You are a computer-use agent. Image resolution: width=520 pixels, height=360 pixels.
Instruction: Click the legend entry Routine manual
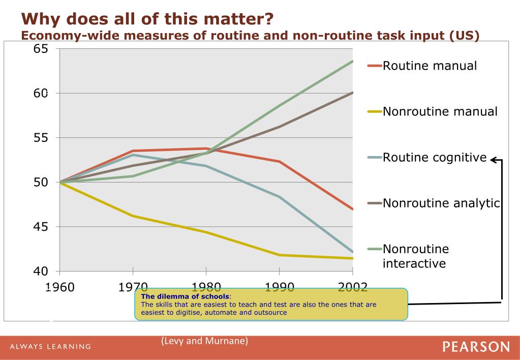[430, 66]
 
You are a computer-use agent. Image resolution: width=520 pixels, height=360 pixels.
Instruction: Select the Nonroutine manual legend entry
[440, 111]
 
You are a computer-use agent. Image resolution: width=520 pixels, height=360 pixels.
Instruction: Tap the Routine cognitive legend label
[435, 158]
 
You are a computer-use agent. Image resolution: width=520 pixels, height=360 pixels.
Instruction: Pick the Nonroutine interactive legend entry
[415, 256]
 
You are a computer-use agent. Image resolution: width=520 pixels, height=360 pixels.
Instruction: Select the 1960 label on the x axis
[59, 287]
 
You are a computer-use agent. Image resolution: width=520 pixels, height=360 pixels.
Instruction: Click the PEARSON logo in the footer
[476, 347]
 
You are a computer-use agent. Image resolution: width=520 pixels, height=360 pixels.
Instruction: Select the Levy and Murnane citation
[204, 341]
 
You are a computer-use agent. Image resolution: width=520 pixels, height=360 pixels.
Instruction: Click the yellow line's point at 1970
[133, 216]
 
